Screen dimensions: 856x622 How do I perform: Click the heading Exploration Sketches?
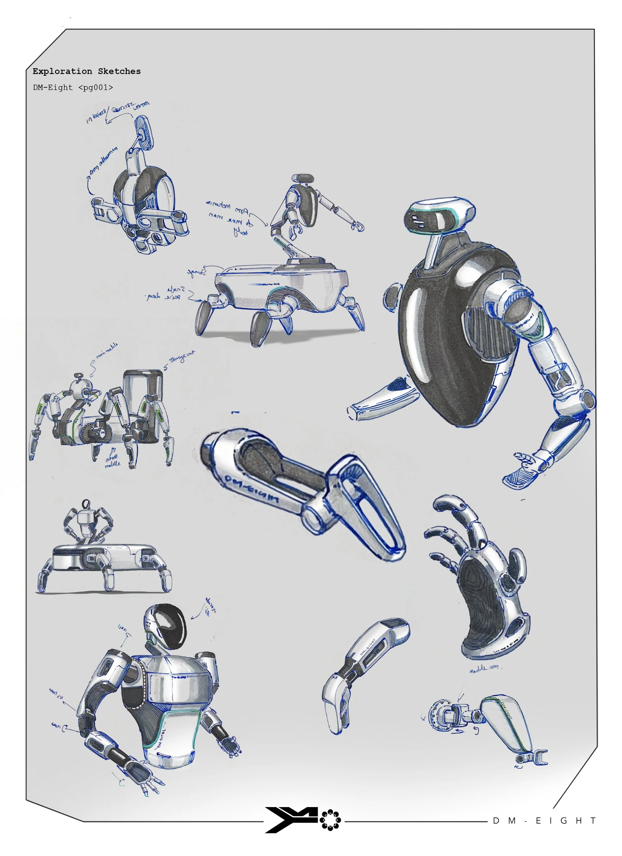coord(86,71)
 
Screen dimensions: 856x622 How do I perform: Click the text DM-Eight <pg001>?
coord(73,88)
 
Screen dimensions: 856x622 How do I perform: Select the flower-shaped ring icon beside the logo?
coord(330,820)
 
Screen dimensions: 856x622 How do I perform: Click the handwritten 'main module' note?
coord(107,350)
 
